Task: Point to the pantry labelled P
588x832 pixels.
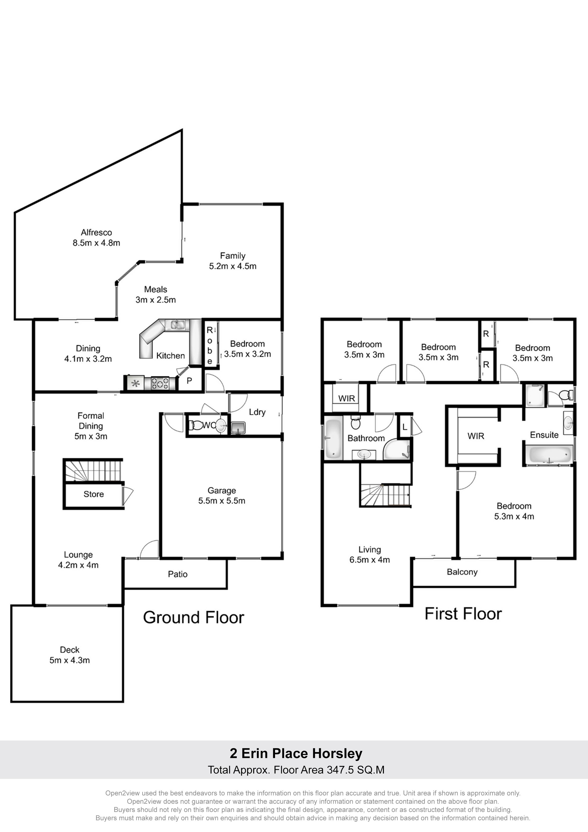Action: point(189,381)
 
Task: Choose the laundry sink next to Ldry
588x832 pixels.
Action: point(238,428)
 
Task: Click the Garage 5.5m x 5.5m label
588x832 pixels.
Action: point(222,495)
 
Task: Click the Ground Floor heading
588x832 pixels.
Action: point(194,617)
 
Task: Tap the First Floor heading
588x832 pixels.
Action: point(463,614)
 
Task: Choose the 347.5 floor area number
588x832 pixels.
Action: point(340,770)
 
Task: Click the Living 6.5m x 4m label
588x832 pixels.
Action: point(370,555)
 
